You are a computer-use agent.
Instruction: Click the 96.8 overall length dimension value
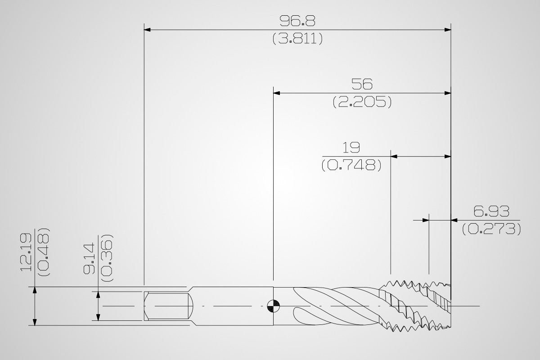(x=297, y=21)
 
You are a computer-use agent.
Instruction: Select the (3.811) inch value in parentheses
(x=297, y=39)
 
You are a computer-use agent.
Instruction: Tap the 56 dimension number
(x=362, y=84)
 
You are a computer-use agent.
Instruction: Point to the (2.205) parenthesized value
(x=362, y=102)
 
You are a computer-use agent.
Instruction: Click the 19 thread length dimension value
(x=351, y=147)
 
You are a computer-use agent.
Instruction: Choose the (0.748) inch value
(x=351, y=165)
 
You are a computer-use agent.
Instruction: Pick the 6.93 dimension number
(x=491, y=211)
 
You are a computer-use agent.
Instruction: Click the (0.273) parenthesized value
(x=491, y=229)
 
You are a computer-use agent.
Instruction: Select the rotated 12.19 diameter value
(x=26, y=252)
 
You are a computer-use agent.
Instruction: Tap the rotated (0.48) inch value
(x=44, y=252)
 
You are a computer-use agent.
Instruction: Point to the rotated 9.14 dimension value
(x=89, y=259)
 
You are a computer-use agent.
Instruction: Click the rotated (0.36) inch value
(x=107, y=258)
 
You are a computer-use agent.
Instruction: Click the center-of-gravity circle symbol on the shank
(x=274, y=306)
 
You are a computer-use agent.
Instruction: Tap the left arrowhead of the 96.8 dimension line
(x=147, y=30)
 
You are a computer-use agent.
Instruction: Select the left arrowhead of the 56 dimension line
(x=276, y=93)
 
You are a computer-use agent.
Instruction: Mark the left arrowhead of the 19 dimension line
(x=394, y=157)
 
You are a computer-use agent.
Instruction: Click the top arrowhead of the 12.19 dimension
(x=35, y=290)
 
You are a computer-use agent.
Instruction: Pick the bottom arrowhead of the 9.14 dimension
(x=98, y=318)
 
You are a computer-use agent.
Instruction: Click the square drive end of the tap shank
(x=168, y=306)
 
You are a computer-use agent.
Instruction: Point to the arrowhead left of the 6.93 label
(x=426, y=220)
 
